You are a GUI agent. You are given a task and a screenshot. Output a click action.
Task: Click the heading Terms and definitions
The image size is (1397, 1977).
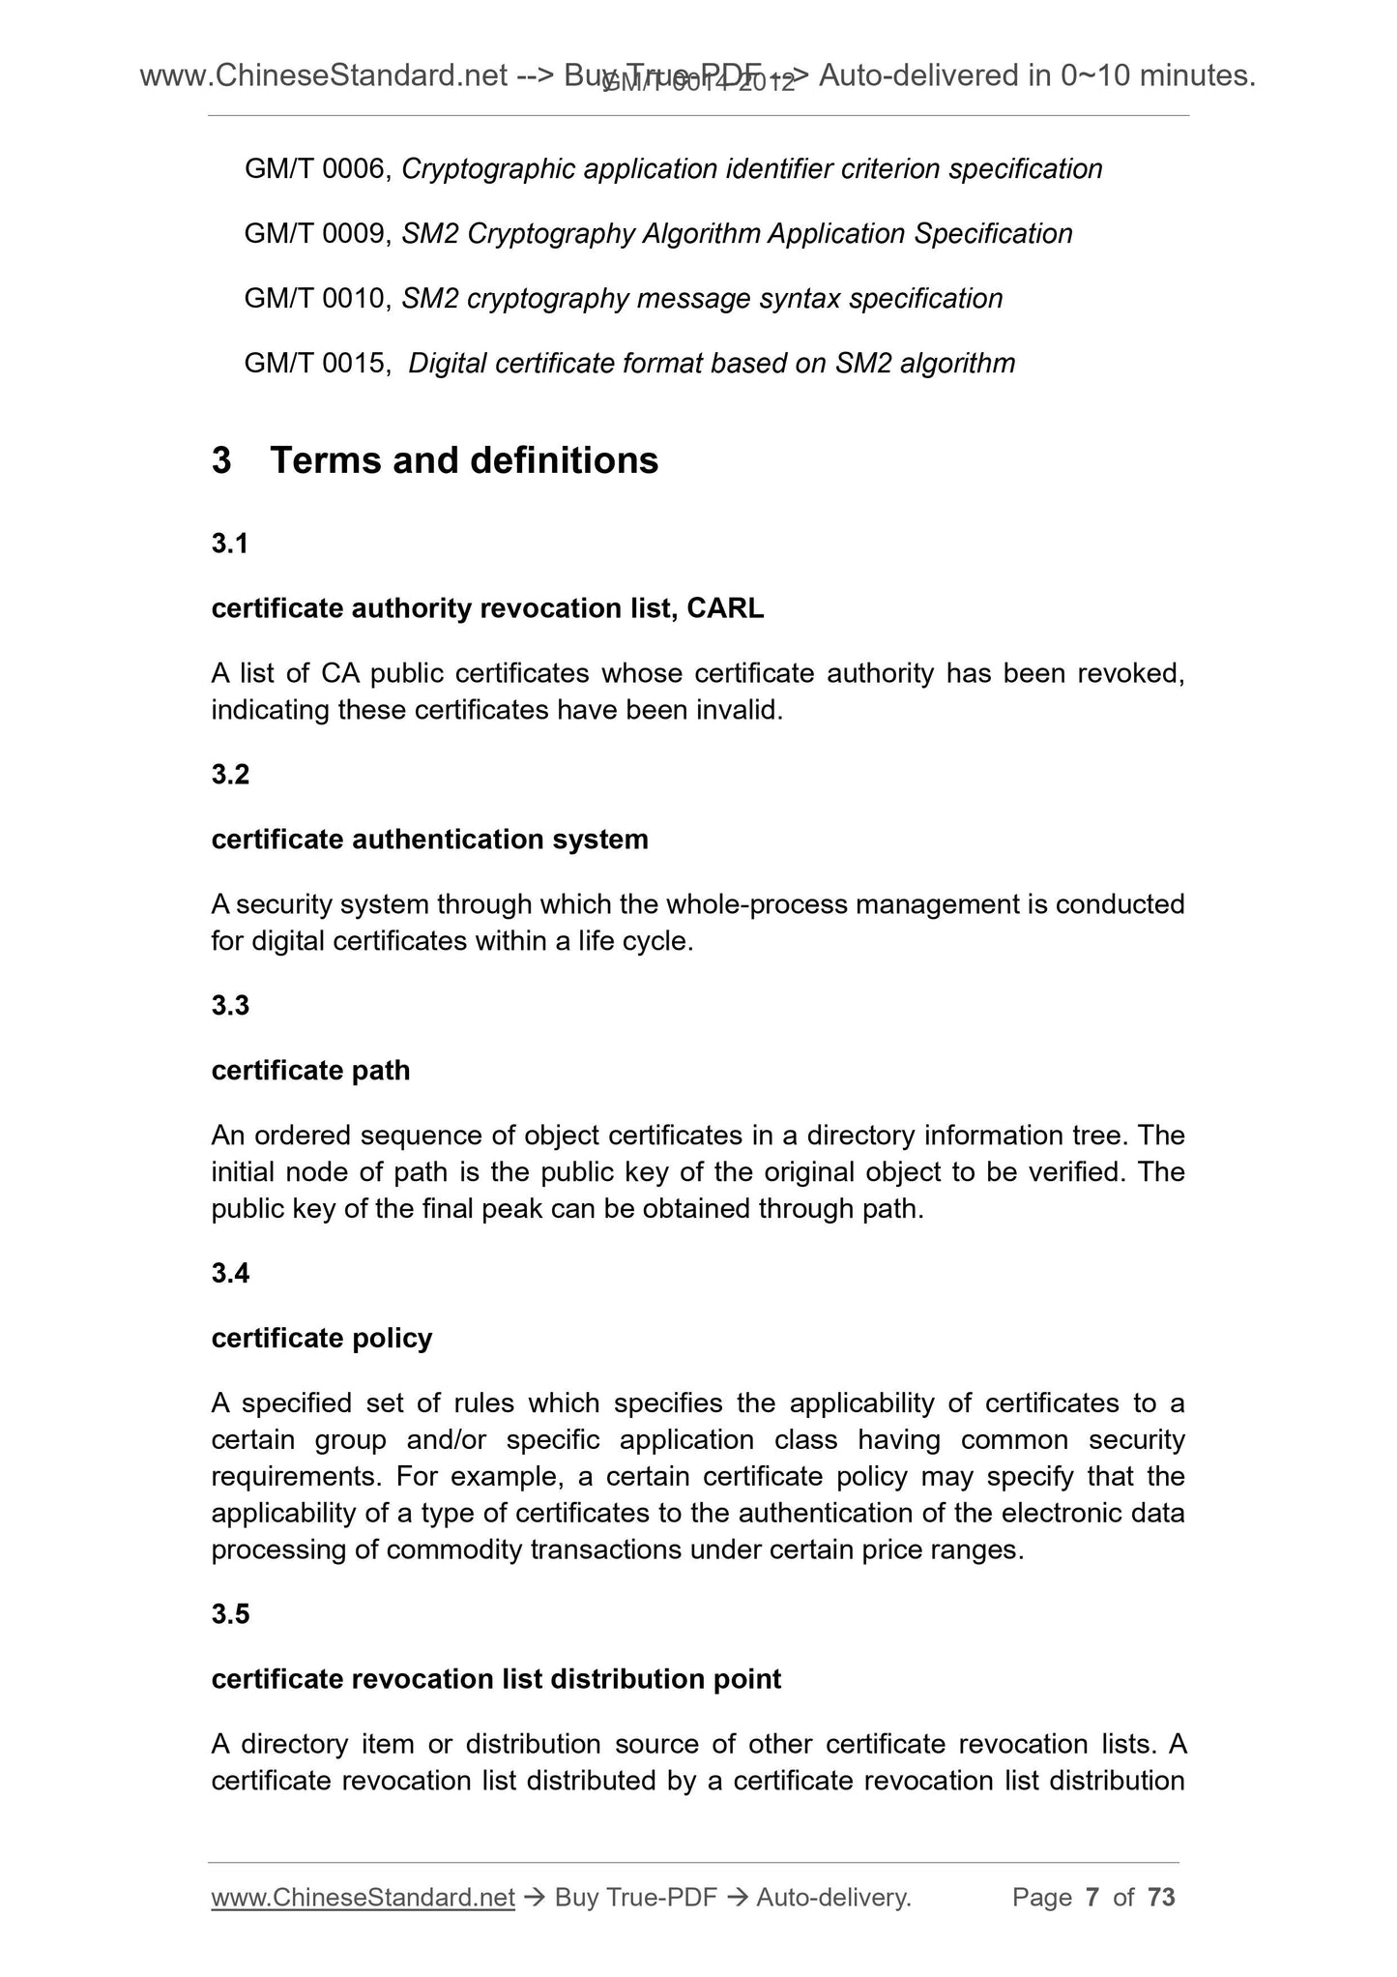click(x=464, y=460)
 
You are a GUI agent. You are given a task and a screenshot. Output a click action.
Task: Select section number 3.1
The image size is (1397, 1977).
click(x=230, y=545)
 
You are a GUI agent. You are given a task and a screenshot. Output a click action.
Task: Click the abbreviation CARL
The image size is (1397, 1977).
click(x=725, y=608)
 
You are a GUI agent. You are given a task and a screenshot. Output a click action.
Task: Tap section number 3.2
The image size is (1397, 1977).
click(x=230, y=775)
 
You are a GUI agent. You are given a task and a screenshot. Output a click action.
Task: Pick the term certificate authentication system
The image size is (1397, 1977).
click(x=429, y=840)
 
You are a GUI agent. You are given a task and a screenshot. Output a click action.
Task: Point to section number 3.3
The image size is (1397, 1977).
click(x=230, y=1006)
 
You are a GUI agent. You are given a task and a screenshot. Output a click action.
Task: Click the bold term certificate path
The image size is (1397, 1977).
click(x=310, y=1071)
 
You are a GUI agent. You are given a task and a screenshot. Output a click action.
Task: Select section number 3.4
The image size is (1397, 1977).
click(x=230, y=1274)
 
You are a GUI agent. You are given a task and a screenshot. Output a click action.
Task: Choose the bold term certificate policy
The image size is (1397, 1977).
click(x=321, y=1339)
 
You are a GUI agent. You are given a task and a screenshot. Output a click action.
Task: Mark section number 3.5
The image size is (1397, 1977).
click(x=230, y=1614)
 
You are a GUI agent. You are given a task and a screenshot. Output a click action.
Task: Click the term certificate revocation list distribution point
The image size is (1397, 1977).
click(x=496, y=1679)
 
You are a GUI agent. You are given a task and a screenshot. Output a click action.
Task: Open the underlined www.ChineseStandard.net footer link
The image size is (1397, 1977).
click(x=363, y=1898)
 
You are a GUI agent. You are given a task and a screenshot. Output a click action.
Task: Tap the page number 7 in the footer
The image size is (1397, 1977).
click(x=1092, y=1898)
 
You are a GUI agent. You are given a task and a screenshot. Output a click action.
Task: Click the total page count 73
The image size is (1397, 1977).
click(x=1161, y=1898)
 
